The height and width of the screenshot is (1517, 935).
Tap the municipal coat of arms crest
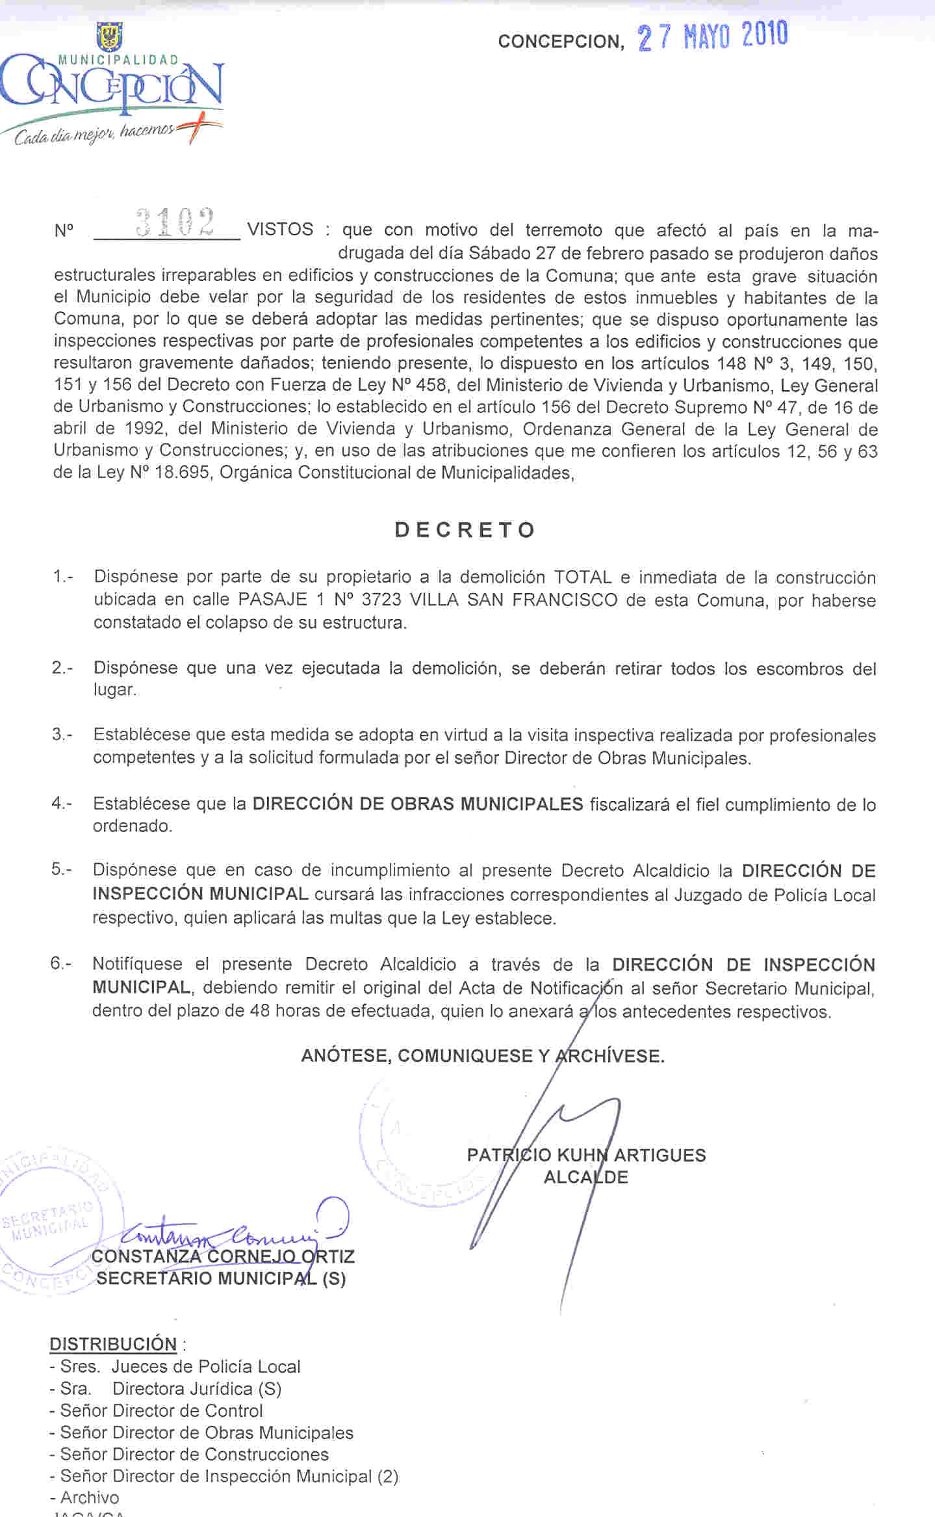(109, 37)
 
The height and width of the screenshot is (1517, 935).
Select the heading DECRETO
(465, 530)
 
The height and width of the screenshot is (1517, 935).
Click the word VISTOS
(281, 230)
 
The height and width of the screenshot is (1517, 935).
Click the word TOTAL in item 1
(583, 577)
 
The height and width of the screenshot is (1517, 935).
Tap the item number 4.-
(62, 804)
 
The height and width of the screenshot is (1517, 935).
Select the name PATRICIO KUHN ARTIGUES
(586, 1155)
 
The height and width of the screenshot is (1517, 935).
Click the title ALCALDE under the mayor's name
(585, 1177)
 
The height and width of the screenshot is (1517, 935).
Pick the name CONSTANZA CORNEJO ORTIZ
(223, 1256)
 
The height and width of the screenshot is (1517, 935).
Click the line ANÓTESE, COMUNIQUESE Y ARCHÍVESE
(482, 1055)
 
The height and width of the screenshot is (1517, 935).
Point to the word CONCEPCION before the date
(561, 42)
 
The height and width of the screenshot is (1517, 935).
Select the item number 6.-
(61, 964)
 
